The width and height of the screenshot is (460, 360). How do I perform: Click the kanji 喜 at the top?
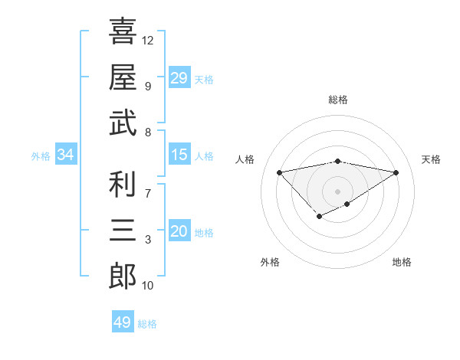[123, 32]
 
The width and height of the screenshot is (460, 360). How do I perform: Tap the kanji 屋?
[123, 77]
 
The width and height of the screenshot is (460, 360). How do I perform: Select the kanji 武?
[123, 123]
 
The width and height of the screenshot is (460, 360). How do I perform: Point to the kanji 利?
[123, 185]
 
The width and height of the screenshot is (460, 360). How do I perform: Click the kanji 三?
[123, 230]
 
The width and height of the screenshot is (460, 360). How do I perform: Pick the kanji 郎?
[123, 276]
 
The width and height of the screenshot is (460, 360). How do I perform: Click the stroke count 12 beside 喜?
[148, 40]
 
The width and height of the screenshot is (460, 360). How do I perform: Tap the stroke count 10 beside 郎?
[148, 286]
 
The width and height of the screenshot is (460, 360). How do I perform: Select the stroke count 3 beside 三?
[148, 240]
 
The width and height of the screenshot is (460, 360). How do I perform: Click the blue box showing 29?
[179, 77]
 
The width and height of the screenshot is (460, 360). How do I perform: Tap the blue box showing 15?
[179, 155]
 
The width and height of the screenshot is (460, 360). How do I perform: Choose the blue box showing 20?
[179, 231]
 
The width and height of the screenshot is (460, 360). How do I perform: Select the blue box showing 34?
[65, 155]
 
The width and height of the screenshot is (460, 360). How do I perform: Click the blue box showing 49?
[122, 322]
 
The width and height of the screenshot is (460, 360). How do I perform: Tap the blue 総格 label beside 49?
[147, 324]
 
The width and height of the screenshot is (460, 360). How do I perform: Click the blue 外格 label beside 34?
[41, 156]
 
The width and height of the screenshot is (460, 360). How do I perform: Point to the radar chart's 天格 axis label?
[431, 159]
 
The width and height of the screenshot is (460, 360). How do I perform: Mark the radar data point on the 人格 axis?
[279, 172]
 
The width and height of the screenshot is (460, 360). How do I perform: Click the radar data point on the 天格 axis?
[396, 172]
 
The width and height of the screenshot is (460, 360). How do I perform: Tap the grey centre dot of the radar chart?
[337, 191]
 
